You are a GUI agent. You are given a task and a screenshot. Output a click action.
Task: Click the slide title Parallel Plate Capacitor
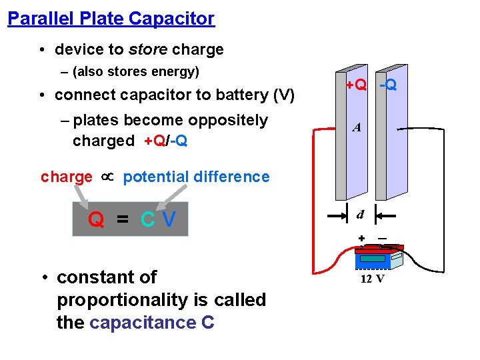click(111, 18)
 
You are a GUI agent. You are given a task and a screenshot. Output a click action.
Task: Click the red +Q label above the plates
click(356, 85)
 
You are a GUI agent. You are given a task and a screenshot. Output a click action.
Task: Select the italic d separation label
click(360, 215)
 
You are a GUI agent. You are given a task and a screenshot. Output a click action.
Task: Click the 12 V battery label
click(372, 279)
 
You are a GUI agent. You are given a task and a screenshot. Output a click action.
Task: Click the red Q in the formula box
click(96, 219)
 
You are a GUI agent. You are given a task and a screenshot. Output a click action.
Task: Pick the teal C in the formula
click(148, 219)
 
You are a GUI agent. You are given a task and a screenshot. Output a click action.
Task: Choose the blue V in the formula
click(169, 219)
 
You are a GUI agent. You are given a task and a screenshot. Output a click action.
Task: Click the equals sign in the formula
click(123, 220)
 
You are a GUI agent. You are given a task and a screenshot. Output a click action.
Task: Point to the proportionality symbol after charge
click(107, 177)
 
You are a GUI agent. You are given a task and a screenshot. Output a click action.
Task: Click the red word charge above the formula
click(67, 177)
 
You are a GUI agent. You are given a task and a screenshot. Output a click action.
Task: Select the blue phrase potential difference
click(196, 177)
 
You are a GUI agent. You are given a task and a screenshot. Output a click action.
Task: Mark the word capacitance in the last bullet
click(142, 323)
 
